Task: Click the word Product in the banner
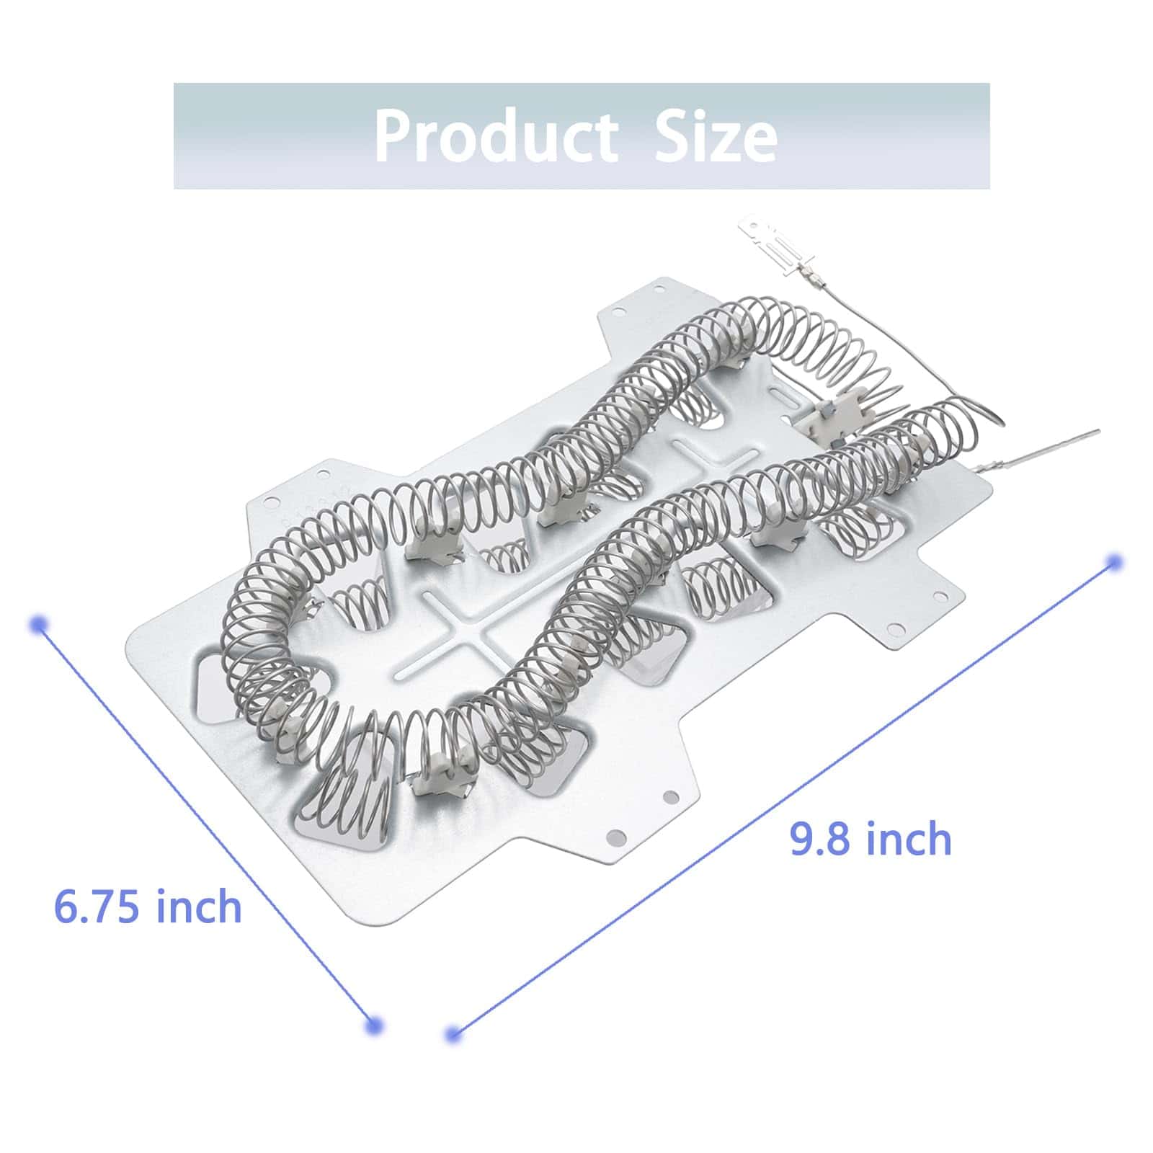[x=495, y=135]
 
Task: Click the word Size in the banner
[x=715, y=135]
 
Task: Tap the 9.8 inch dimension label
[x=871, y=838]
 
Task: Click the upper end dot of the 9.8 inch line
[x=1114, y=562]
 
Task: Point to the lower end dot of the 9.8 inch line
[x=453, y=1035]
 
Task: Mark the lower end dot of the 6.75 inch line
[x=373, y=1025]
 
